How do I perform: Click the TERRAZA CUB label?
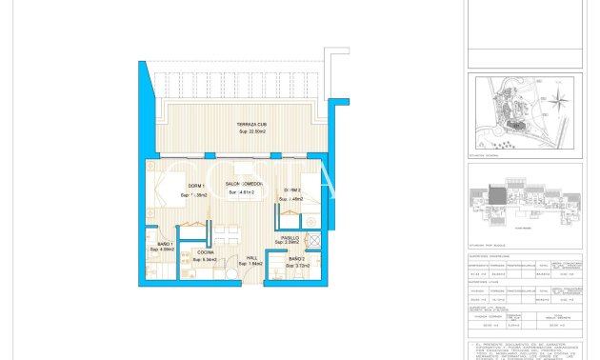pos(251,125)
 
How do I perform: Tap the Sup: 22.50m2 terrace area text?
pos(251,132)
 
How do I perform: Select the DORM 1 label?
pos(195,185)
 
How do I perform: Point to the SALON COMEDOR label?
pos(244,185)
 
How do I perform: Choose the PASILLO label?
pos(290,238)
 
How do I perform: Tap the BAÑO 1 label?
pos(164,245)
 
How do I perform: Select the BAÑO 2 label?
pos(296,258)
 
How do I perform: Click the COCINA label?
pos(205,252)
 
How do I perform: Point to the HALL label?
pos(252,257)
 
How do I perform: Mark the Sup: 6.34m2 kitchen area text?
pos(205,259)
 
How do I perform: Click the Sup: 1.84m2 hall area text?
pos(250,264)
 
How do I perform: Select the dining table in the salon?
pos(226,233)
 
